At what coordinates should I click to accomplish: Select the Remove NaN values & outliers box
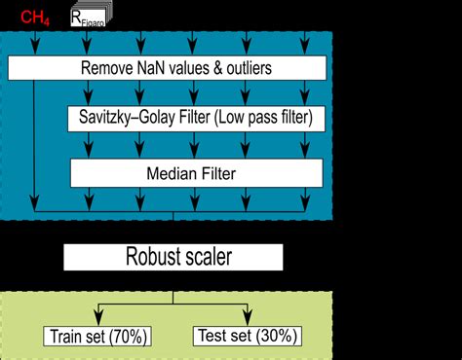[167, 68]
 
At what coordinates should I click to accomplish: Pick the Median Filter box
[195, 173]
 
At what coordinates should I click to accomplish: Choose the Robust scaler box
[173, 257]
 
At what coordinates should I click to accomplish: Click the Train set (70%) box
[96, 337]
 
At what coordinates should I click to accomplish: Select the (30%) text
[277, 337]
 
